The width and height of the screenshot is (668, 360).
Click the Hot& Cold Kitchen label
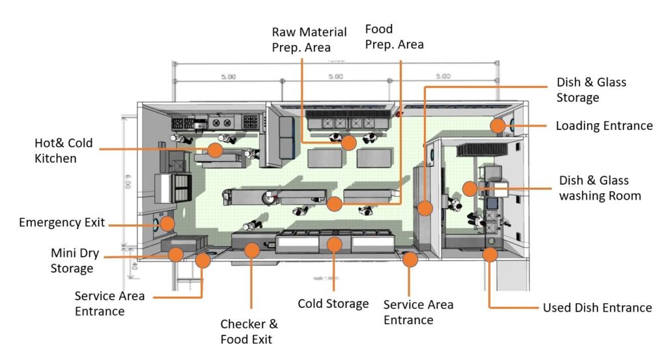[63, 150]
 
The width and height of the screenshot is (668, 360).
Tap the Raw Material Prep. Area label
[301, 39]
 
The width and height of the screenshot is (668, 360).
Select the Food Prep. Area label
[394, 37]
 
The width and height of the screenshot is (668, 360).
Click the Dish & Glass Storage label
[591, 90]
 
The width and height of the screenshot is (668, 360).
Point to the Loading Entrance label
[603, 126]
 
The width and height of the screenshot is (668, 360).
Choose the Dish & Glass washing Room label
[600, 188]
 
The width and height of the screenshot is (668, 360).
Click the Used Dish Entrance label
[597, 308]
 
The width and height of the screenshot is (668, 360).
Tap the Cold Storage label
[333, 304]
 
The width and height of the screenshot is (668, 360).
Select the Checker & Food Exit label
[249, 331]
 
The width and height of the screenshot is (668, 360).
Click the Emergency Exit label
[62, 222]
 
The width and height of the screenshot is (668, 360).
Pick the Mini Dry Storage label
[72, 260]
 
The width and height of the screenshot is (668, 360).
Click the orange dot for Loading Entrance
[498, 126]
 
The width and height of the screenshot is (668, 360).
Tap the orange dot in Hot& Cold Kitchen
[215, 150]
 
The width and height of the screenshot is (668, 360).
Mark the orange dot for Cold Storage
[335, 245]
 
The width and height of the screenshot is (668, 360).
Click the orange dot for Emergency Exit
[167, 223]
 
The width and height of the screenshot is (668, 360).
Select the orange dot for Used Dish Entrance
[489, 254]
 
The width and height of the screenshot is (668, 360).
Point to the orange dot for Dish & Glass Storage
[425, 209]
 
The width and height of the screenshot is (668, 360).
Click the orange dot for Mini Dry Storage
[175, 254]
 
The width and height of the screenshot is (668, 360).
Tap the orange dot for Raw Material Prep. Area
[349, 142]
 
